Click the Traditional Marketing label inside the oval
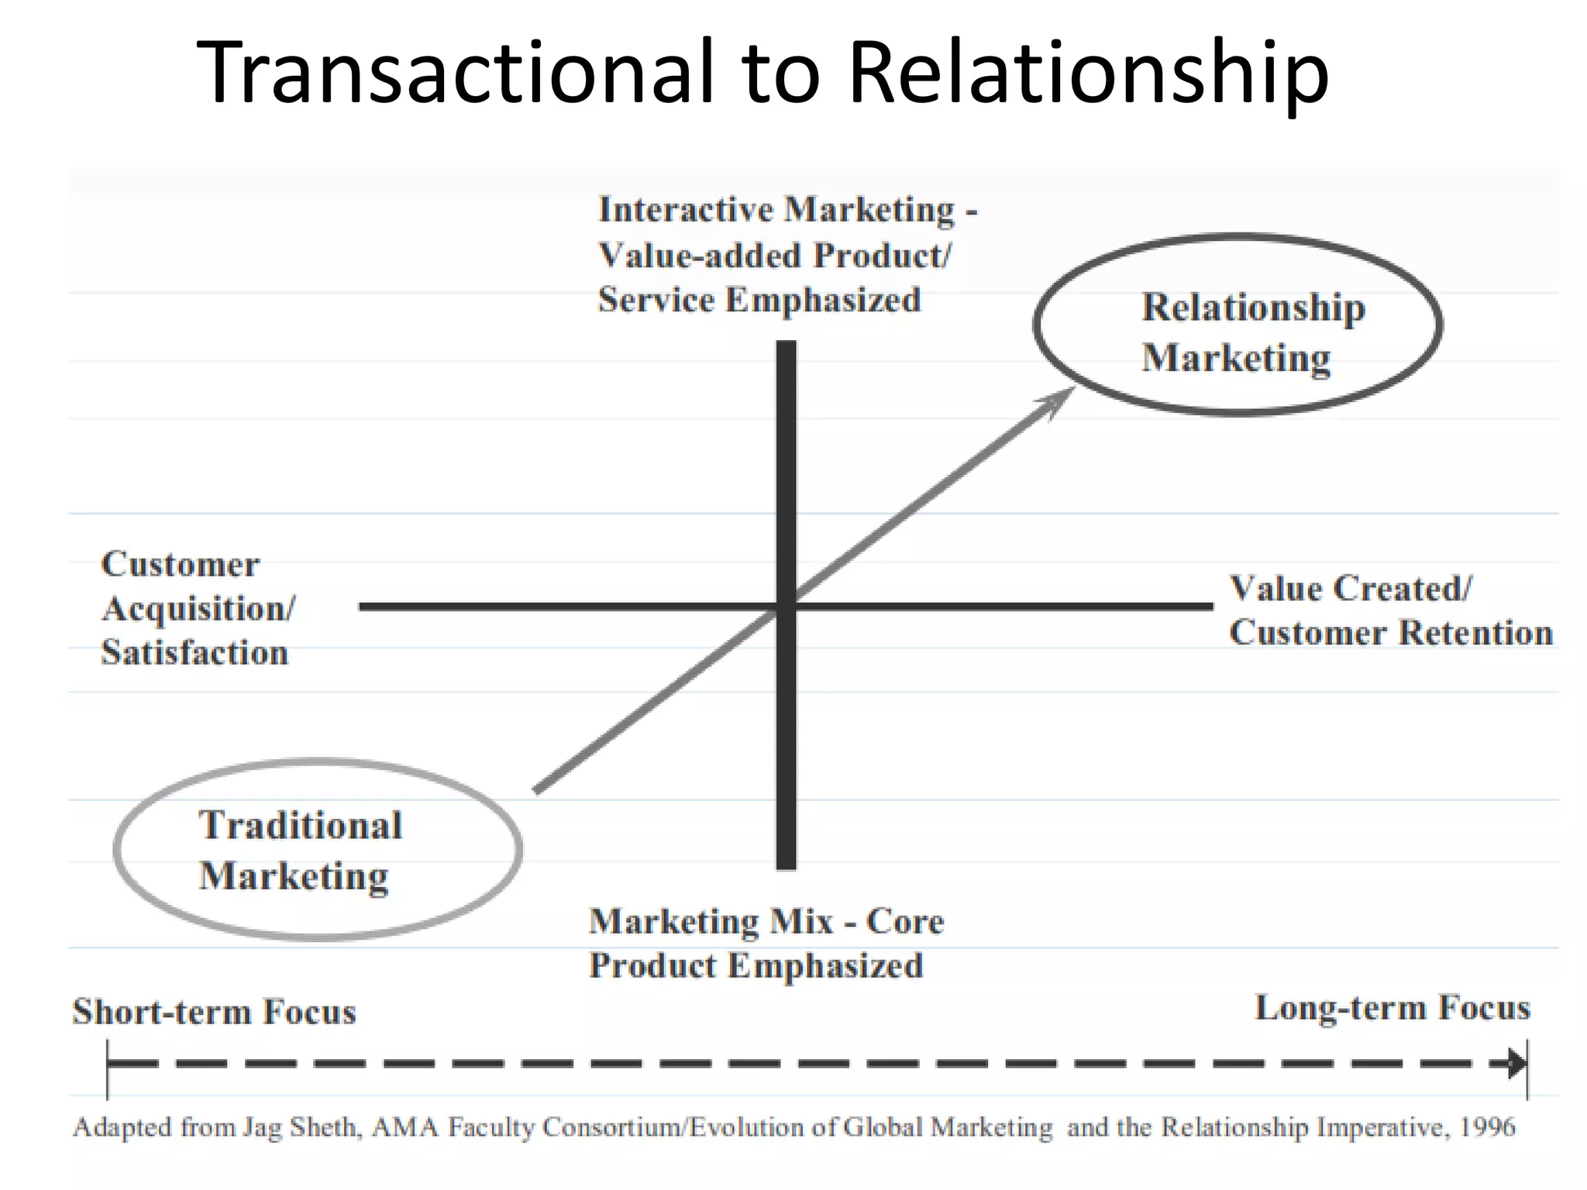coord(300,850)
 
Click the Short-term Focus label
coord(214,1012)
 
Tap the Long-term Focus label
coord(1392,1008)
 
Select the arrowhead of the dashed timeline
coord(1516,1063)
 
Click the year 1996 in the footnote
coord(1487,1126)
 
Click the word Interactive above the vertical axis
coord(685,210)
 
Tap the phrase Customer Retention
coord(1391,632)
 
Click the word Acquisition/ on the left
coord(198,609)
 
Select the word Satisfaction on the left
coord(195,652)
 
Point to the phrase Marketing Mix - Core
coord(766,921)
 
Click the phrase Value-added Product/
coord(774,255)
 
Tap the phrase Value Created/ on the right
coord(1351,588)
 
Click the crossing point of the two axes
coord(786,606)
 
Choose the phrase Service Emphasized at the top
coord(759,300)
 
